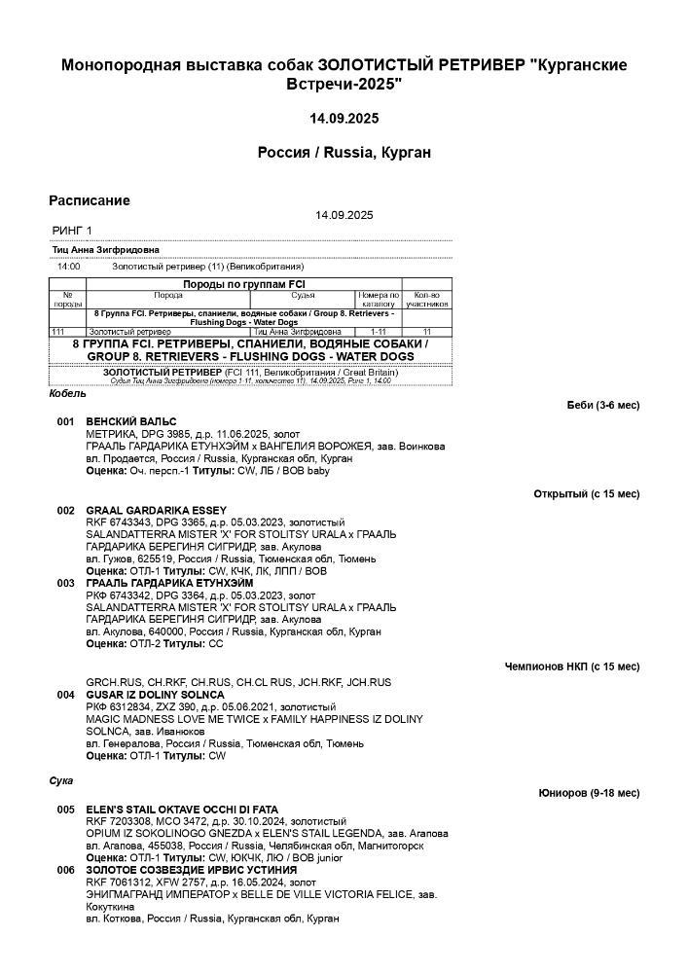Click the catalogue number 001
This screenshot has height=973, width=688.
click(65, 421)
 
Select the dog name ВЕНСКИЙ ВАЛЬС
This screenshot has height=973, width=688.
click(131, 421)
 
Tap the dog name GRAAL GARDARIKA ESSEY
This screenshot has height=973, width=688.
click(156, 510)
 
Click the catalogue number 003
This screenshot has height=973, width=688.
click(65, 583)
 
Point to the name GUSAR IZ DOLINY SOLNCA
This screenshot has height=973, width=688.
click(155, 695)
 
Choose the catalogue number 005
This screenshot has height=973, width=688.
click(65, 809)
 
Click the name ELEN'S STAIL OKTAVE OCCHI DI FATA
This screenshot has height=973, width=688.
click(182, 809)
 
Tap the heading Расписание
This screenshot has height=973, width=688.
click(90, 200)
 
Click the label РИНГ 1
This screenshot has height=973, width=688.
click(72, 231)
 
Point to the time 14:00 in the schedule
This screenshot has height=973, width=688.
click(68, 266)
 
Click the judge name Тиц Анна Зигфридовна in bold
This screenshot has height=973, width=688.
click(106, 250)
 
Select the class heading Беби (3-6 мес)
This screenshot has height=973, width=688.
click(603, 405)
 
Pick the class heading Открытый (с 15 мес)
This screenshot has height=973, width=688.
click(587, 494)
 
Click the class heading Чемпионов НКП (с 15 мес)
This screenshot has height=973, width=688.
click(572, 667)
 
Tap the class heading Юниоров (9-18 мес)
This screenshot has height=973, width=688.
click(590, 793)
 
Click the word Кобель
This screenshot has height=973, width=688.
click(67, 394)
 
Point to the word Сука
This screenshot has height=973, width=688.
click(61, 780)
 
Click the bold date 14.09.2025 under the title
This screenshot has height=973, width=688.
click(344, 119)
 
